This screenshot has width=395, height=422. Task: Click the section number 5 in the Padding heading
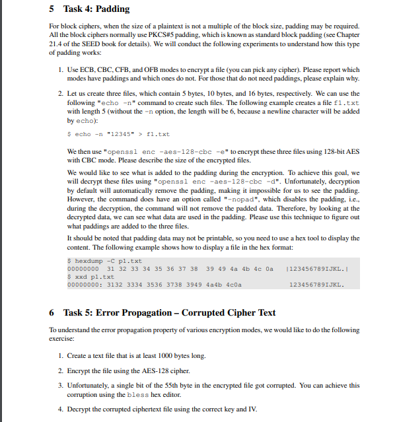click(52, 9)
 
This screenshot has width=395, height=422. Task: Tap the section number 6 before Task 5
click(52, 312)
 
